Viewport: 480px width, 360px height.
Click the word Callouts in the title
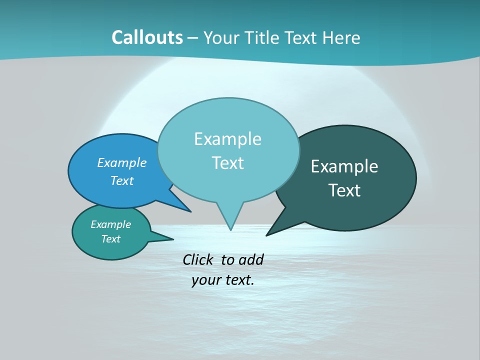[x=147, y=37]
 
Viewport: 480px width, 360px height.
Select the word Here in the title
[x=341, y=37]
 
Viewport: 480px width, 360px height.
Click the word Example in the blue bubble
[x=122, y=162]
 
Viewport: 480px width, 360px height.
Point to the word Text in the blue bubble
[x=122, y=180]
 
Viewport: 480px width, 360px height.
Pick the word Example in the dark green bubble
[x=344, y=166]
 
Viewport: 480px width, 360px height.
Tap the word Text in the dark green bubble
[x=344, y=190]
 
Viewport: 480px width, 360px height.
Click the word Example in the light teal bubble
[x=227, y=138]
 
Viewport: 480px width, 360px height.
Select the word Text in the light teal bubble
[x=227, y=162]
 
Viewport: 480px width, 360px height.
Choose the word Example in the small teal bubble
[x=110, y=224]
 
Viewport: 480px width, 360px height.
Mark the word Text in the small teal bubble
[x=110, y=239]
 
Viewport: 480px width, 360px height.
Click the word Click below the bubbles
[x=198, y=259]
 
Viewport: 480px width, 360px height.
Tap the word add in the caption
[x=250, y=259]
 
